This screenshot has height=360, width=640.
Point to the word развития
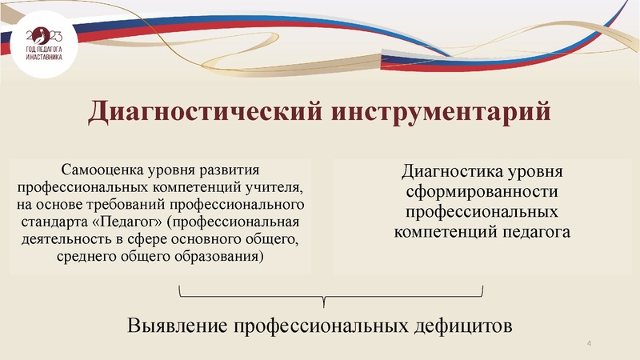coord(232,170)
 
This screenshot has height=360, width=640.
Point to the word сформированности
coord(481,193)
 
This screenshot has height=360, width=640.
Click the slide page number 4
coord(589,344)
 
